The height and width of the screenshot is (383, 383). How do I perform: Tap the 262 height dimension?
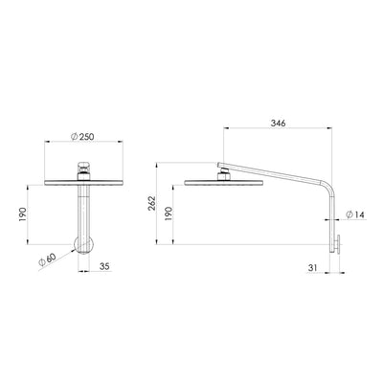pyautogui.click(x=164, y=206)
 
